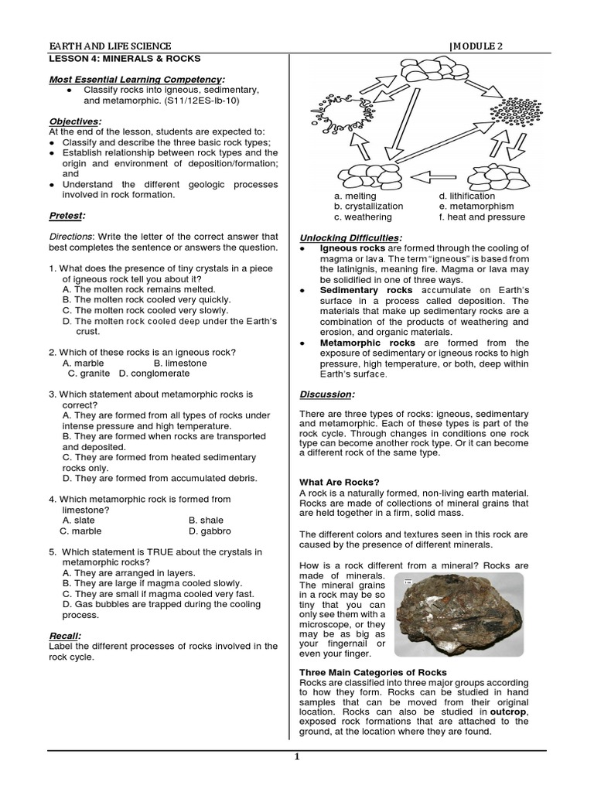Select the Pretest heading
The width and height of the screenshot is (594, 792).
pos(67,215)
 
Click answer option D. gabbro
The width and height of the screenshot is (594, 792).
pos(210,531)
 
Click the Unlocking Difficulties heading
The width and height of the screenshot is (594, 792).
pos(350,236)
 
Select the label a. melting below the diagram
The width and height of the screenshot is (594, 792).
pos(354,196)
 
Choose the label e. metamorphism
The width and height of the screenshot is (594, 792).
pos(476,207)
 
